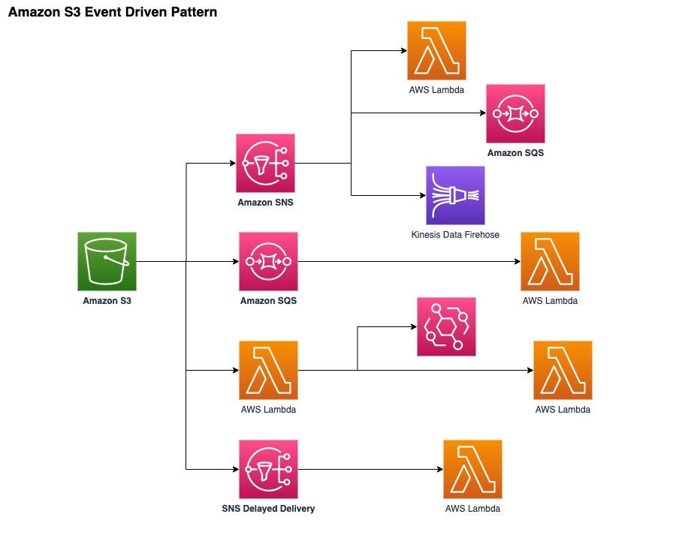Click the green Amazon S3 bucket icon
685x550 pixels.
[x=107, y=261]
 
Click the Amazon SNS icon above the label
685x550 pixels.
[x=265, y=163]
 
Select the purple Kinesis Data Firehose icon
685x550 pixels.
[x=455, y=195]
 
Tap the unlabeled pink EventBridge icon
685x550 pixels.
[x=446, y=326]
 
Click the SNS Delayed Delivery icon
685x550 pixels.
[x=268, y=469]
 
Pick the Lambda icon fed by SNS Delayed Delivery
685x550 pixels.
[x=472, y=469]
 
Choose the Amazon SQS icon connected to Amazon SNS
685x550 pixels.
[x=515, y=113]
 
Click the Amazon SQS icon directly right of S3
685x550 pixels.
[x=268, y=261]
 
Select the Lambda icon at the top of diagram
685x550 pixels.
[x=436, y=50]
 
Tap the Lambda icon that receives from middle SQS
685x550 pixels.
[x=550, y=261]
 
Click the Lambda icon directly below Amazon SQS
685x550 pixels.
[x=268, y=370]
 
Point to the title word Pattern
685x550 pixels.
[x=191, y=12]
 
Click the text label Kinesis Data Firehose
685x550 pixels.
[x=455, y=235]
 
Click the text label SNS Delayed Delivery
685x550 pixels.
[x=268, y=509]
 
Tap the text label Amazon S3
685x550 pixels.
[x=107, y=301]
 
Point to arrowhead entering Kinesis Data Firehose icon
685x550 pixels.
[x=421, y=195]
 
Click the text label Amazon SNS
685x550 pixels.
[x=265, y=203]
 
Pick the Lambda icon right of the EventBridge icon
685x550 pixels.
[x=563, y=370]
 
